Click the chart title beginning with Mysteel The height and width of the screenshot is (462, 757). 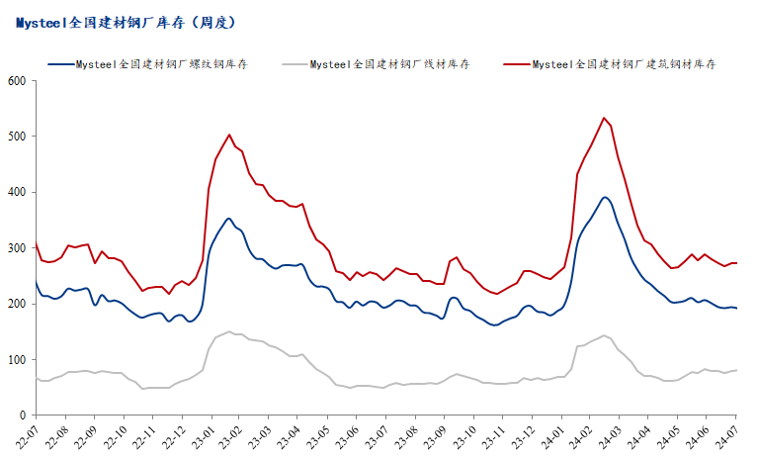coord(126,21)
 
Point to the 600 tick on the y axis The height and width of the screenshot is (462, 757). coord(16,80)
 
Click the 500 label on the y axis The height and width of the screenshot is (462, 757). coord(16,137)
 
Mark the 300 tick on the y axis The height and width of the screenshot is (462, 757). coord(16,248)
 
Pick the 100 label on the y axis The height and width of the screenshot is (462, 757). coord(16,360)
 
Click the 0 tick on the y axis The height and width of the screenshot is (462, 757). coord(23,416)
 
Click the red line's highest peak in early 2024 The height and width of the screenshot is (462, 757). coord(604,118)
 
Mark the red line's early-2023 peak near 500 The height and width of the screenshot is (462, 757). coord(229,135)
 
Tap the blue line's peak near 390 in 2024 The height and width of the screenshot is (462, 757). coord(605,197)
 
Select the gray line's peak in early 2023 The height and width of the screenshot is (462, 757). coord(229,331)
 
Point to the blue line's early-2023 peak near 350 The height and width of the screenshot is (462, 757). coord(229,219)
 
